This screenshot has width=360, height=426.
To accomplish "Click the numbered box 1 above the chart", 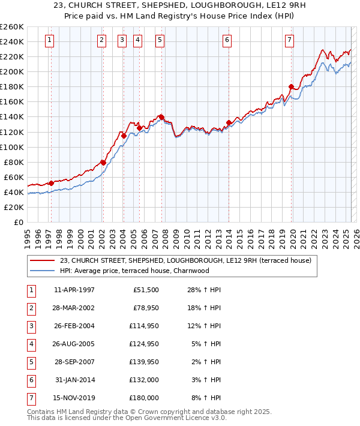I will point(49,40).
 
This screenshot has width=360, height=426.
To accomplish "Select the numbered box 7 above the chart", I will point(290,40).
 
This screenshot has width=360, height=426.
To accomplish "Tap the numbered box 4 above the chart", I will point(138,40).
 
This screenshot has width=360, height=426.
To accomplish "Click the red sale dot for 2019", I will point(291,86).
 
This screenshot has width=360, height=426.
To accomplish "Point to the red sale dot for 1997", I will point(51,183).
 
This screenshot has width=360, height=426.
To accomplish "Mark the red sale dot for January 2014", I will point(229,122).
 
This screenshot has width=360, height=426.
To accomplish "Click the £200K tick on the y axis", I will point(11,71).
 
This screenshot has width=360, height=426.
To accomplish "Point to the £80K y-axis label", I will point(13,162).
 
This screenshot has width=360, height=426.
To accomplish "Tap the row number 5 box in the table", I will point(31,362).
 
